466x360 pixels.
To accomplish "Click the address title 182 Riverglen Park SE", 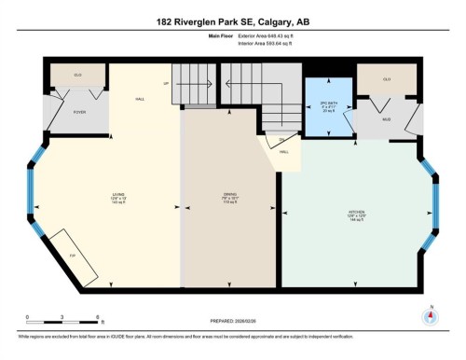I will pos(232,23).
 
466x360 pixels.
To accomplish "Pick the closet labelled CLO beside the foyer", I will pos(66,75).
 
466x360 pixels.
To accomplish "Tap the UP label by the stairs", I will pos(167,83).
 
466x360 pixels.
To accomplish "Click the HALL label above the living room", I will pos(140,98).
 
